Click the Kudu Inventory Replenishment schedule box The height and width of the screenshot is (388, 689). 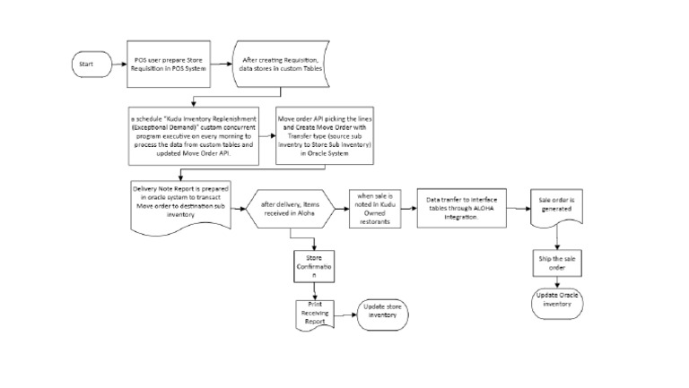pos(193,135)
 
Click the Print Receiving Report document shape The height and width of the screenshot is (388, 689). pos(315,314)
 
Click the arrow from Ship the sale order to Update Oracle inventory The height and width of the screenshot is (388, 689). pos(558,281)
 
